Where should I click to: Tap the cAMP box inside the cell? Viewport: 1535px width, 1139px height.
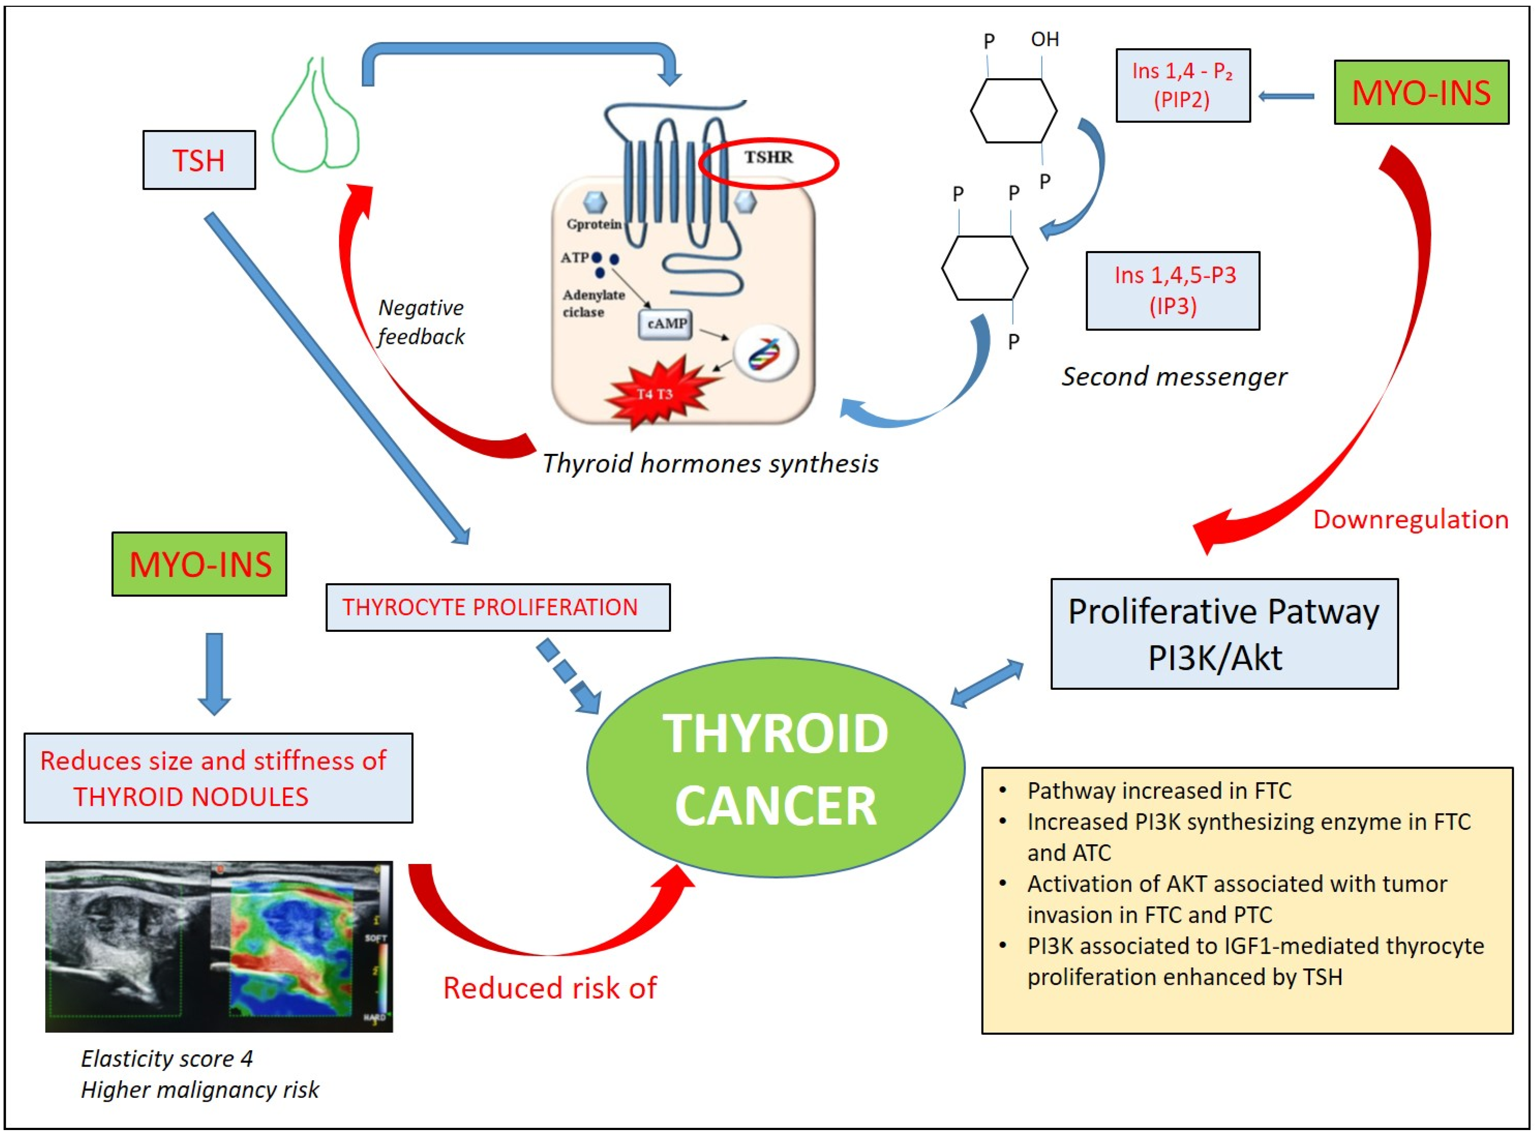666,324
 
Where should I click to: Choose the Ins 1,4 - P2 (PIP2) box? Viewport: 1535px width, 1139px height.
1183,86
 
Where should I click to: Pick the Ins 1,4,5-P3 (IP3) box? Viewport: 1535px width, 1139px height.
1172,290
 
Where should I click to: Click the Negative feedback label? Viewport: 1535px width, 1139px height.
421,322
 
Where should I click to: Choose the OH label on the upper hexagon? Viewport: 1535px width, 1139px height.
1045,39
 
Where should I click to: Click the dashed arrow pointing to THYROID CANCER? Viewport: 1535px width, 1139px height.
569,676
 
